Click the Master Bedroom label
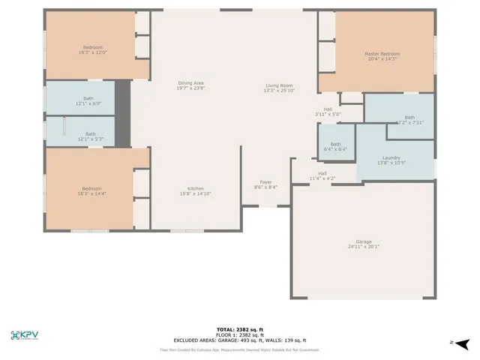382,54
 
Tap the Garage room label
364,242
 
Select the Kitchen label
195,188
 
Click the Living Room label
278,85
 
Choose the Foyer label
266,182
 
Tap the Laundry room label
391,157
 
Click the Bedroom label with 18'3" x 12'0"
93,47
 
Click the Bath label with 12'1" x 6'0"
88,98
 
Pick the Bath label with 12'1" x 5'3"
90,133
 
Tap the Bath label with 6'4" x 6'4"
335,144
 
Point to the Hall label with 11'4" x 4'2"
322,173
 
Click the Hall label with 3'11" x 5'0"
328,109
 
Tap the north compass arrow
463,343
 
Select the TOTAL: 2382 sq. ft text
239,329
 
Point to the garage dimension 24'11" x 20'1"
364,247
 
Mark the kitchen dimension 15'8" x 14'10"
195,193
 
